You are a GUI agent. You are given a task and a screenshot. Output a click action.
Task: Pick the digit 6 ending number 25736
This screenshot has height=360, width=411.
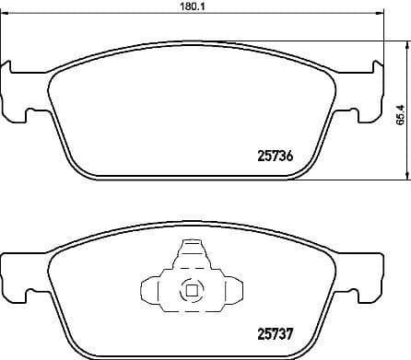click(x=290, y=156)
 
